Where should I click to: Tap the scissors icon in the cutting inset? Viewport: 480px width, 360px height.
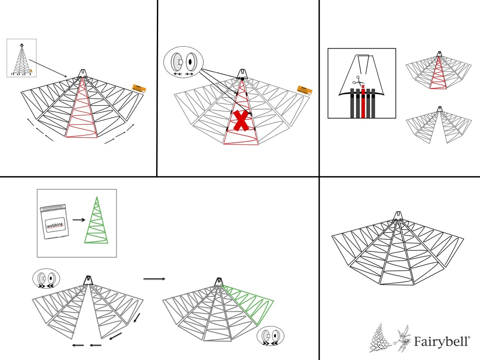(x=358, y=80)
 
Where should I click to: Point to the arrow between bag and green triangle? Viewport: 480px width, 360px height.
(x=79, y=220)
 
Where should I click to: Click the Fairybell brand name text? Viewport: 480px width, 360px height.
(x=441, y=341)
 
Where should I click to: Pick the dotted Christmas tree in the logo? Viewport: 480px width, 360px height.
(x=380, y=339)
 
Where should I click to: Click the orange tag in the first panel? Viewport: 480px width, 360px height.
(x=139, y=89)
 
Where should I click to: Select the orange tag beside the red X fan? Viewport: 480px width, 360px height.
(x=304, y=90)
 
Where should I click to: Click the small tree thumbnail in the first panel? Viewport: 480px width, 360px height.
(x=22, y=58)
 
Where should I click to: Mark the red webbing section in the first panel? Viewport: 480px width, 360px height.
(x=82, y=113)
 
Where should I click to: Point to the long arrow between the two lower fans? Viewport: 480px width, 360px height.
(x=154, y=279)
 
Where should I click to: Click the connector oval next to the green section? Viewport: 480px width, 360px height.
(x=270, y=336)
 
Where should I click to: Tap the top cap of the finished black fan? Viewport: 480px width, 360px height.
(x=398, y=216)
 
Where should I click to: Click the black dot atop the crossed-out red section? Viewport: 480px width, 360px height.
(x=242, y=79)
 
